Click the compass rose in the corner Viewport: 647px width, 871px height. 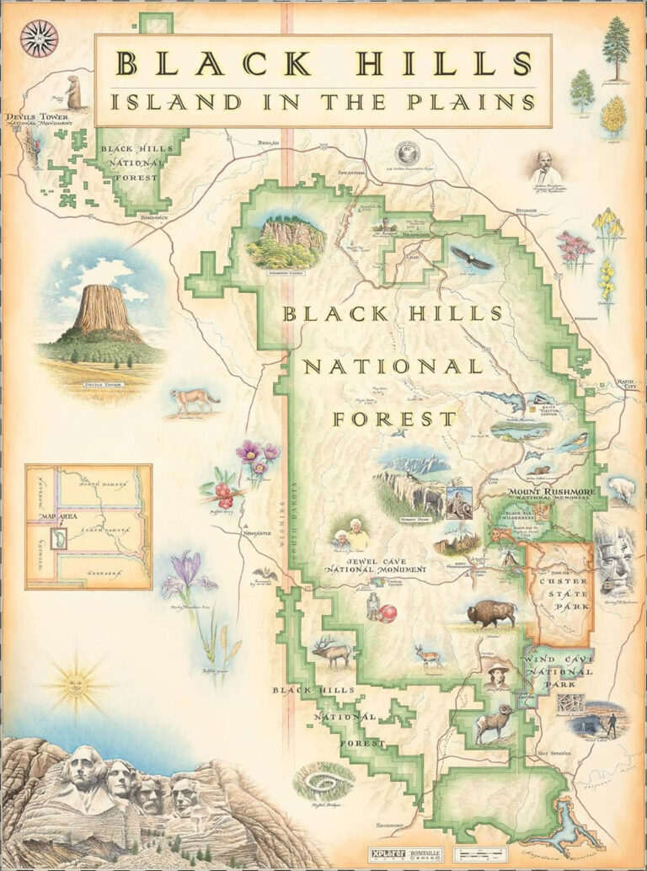click(39, 38)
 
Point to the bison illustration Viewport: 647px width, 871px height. click(490, 615)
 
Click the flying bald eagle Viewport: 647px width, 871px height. click(470, 258)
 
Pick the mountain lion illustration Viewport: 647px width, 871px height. click(193, 400)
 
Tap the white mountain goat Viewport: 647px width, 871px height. click(622, 489)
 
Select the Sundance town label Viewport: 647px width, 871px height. click(153, 217)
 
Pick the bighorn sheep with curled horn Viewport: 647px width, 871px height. click(492, 724)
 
